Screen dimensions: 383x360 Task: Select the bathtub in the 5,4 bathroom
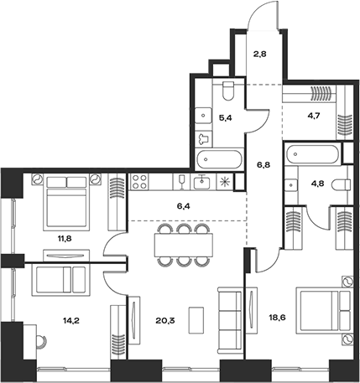216,159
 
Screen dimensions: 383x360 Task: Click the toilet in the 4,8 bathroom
339,184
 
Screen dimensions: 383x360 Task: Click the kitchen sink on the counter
201,181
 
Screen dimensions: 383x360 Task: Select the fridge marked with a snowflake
224,181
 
